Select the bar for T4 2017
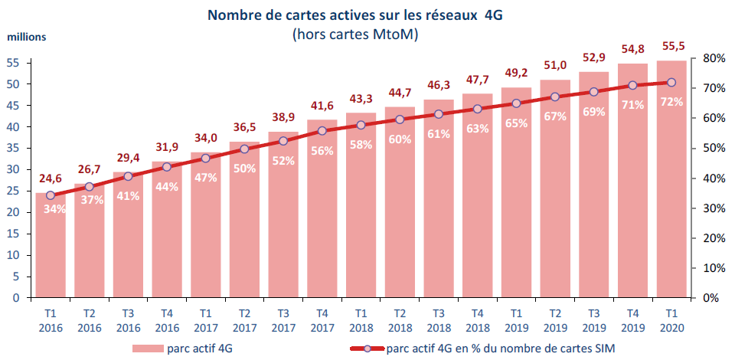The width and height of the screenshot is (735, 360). [x=322, y=222]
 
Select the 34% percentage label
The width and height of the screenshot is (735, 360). [x=54, y=208]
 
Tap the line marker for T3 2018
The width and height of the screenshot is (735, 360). [x=438, y=114]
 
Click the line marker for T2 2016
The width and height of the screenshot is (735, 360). [x=90, y=186]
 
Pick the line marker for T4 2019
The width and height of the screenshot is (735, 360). [x=632, y=86]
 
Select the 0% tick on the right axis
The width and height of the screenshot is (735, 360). [x=710, y=298]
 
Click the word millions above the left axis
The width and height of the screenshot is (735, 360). [x=27, y=37]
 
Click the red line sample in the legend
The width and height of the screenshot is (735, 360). [x=348, y=349]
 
